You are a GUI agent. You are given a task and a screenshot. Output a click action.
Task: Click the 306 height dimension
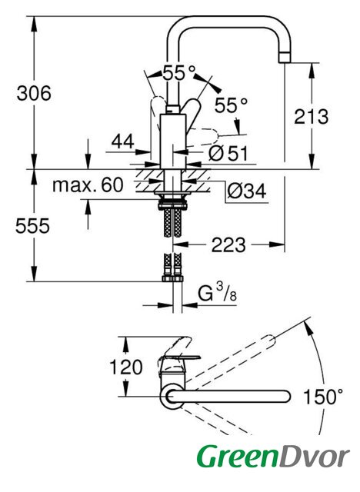pos(34,94)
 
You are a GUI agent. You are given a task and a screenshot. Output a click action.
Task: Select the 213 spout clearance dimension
pos(311,117)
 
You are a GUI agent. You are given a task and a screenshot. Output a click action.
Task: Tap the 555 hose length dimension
pos(32,226)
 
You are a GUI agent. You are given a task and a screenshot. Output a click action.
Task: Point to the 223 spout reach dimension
pos(228,244)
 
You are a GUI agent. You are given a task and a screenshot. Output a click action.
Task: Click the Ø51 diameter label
pos(228,154)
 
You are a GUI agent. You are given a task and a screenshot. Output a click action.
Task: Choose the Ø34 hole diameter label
pos(247,191)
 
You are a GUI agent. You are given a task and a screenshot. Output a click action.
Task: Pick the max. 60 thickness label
pos(88,185)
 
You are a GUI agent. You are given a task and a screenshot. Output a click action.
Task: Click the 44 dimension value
pos(123,141)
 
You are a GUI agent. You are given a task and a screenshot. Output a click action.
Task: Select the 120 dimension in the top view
pos(125,367)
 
